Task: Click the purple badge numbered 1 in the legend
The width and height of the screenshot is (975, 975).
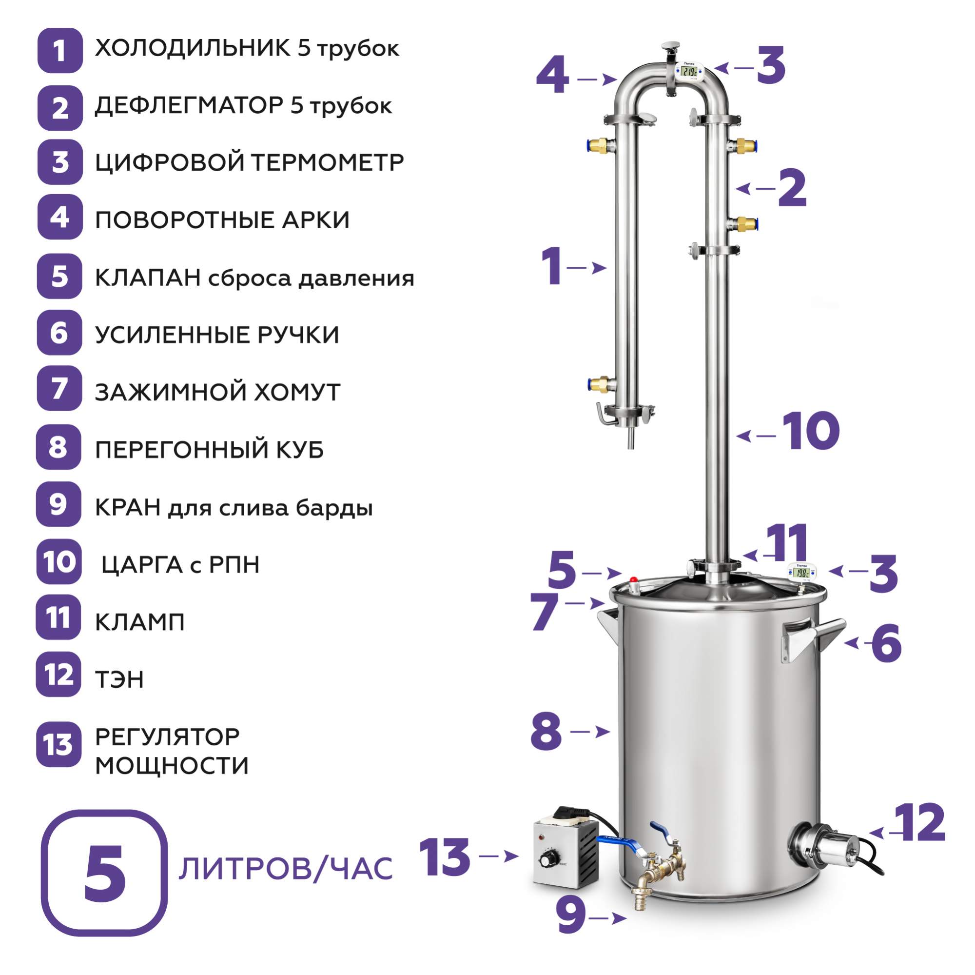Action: [x=59, y=51]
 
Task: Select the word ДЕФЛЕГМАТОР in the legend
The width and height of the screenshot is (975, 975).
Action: [x=189, y=105]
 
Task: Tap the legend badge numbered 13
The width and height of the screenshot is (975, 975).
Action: [x=58, y=744]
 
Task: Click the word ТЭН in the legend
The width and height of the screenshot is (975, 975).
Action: [x=119, y=679]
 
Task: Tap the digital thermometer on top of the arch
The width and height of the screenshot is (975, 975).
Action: [x=688, y=71]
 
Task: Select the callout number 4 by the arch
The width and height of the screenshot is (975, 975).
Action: [x=553, y=76]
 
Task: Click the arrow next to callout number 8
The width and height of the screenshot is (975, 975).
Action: [x=590, y=732]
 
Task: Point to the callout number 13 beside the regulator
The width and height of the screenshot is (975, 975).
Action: [x=445, y=857]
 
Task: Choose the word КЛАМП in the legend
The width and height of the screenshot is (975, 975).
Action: [x=140, y=622]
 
